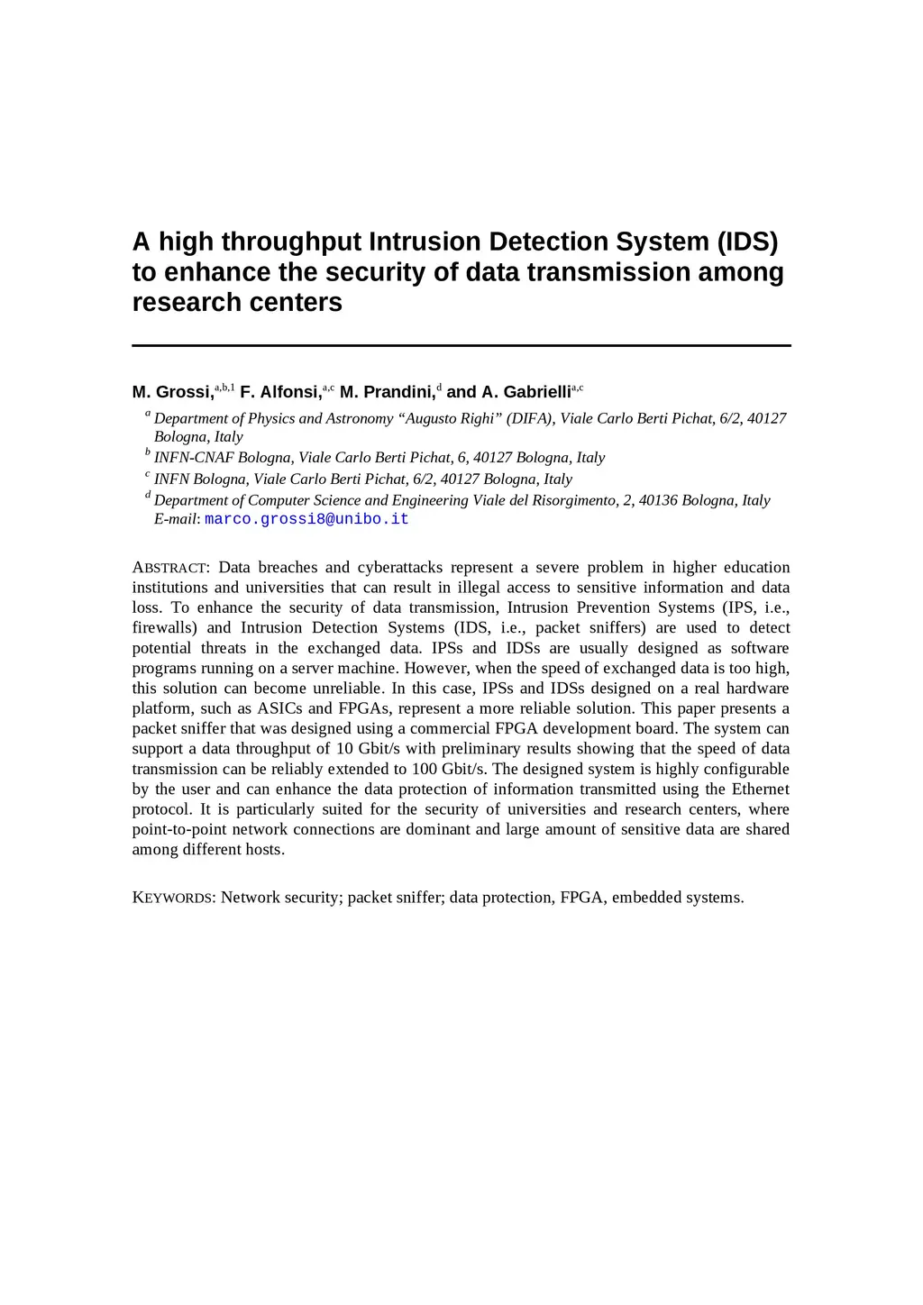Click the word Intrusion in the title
[x=425, y=242]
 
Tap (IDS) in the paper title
[x=747, y=242]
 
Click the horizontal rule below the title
[x=461, y=345]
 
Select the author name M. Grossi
[x=172, y=392]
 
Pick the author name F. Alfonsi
[x=280, y=392]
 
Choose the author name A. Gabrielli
[x=525, y=392]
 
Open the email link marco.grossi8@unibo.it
[x=306, y=519]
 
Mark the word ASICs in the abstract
[x=279, y=708]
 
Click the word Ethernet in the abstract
[x=760, y=789]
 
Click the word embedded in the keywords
[x=644, y=898]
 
